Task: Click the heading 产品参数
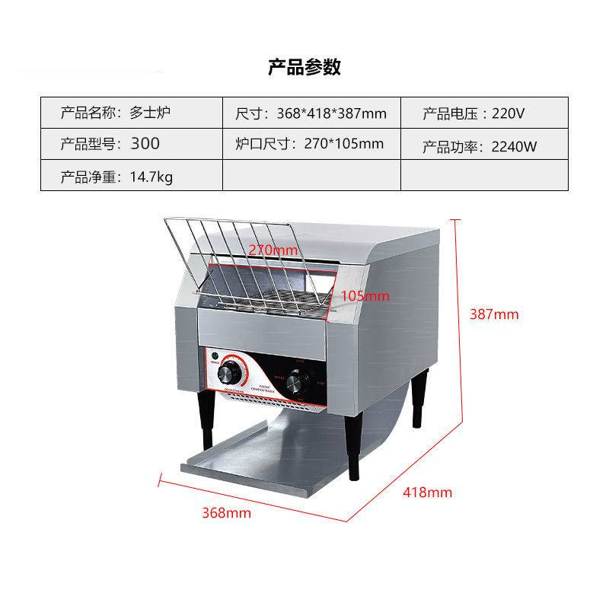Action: tap(304, 67)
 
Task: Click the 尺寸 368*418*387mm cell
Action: tap(311, 113)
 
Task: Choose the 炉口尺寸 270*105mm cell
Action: tap(311, 143)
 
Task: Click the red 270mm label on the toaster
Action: tap(273, 250)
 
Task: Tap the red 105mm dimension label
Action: tap(365, 295)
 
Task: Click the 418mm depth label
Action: tap(427, 493)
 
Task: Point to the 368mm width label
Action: tap(226, 512)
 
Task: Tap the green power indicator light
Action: tap(215, 356)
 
